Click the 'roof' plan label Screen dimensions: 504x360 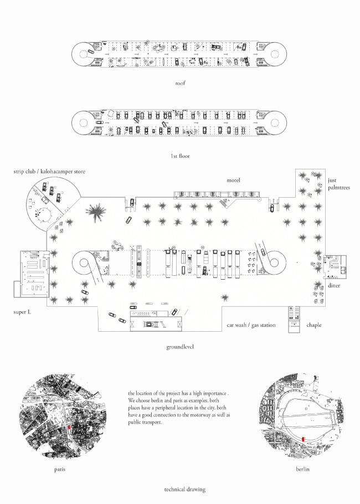179,83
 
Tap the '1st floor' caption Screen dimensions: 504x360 180,156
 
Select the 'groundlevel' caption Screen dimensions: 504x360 179,347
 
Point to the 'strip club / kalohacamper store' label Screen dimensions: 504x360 50,172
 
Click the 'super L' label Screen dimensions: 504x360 24,312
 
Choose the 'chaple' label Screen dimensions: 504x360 313,325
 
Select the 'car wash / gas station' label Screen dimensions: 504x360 250,325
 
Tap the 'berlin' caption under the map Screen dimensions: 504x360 302,469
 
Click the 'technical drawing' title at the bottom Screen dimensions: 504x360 185,490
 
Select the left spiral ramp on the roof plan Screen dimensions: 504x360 86,54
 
